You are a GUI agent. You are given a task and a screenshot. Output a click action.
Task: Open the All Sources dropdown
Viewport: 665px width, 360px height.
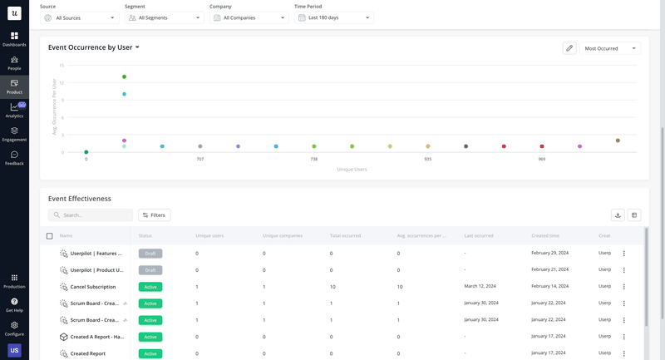click(80, 17)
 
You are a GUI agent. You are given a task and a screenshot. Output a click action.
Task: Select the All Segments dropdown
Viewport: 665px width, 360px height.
click(164, 17)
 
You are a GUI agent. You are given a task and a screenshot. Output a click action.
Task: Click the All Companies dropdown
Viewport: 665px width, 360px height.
click(249, 17)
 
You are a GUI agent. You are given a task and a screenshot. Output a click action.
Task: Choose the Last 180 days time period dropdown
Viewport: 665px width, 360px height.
click(333, 17)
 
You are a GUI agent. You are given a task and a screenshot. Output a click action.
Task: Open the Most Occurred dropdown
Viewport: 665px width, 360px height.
click(609, 48)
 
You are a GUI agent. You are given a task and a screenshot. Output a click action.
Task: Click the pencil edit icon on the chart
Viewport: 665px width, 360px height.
click(569, 48)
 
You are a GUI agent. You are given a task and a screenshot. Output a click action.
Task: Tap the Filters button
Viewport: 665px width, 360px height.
click(154, 215)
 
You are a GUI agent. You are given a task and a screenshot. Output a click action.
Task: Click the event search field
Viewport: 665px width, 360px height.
click(91, 215)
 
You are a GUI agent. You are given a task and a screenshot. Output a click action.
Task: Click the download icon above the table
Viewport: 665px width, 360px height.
click(618, 215)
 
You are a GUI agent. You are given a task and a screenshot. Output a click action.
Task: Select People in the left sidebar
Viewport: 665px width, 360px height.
click(14, 63)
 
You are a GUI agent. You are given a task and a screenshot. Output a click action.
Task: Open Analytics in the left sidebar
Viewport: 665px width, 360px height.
click(14, 111)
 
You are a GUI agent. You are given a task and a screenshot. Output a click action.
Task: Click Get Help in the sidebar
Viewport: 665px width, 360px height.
click(14, 304)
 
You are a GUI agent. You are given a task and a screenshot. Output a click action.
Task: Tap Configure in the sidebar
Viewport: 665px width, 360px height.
click(14, 328)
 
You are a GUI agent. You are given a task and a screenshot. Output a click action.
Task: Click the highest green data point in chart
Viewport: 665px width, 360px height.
click(124, 76)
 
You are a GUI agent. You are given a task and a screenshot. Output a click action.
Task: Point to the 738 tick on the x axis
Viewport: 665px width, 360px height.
click(314, 159)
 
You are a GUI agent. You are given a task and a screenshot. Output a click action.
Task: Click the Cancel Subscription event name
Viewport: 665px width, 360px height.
click(93, 287)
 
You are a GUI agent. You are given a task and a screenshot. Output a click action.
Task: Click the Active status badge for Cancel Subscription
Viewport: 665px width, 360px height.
click(150, 287)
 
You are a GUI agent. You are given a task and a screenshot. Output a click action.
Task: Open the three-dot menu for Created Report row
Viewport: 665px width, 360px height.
click(623, 353)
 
